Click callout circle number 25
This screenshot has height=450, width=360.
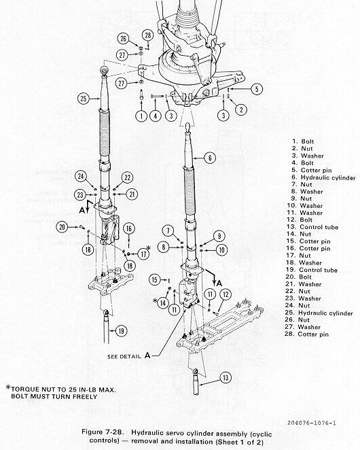[x=83, y=99]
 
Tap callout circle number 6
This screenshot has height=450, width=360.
[x=210, y=158]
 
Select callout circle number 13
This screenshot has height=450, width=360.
[x=226, y=377]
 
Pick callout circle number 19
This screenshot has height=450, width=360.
[x=122, y=331]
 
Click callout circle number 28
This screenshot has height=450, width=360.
[x=147, y=35]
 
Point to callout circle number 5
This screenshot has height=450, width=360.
[x=257, y=89]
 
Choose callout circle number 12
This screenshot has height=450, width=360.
[x=226, y=294]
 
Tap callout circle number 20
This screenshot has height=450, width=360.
[x=62, y=227]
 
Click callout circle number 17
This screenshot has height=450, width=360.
[x=143, y=254]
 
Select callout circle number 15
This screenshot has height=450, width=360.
[x=155, y=279]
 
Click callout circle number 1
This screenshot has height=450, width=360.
[x=141, y=116]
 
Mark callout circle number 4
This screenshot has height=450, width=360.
[x=156, y=116]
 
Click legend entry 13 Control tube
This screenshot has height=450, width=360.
[x=312, y=227]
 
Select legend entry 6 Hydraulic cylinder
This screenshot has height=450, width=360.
[x=323, y=177]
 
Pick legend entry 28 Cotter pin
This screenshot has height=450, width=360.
[x=306, y=334]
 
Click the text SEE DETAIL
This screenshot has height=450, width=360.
[x=124, y=357]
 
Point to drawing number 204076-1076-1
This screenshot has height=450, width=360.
[x=312, y=423]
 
